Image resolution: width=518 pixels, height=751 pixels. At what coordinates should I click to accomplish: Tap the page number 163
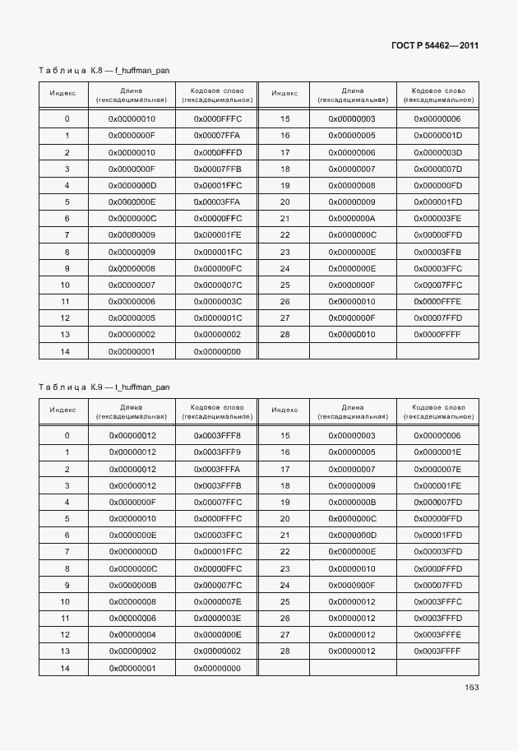click(471, 688)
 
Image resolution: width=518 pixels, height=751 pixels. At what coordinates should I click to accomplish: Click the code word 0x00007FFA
click(217, 136)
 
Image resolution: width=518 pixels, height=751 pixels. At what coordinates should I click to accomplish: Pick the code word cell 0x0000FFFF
click(437, 335)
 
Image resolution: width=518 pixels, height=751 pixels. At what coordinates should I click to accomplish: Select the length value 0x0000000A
click(351, 219)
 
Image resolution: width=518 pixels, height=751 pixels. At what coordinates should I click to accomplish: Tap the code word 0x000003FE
click(437, 219)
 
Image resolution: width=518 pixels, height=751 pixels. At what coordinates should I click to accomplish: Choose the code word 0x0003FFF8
click(217, 436)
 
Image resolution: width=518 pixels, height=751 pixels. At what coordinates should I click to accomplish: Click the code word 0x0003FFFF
click(437, 651)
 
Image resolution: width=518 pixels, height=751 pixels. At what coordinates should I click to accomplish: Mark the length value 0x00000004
click(132, 635)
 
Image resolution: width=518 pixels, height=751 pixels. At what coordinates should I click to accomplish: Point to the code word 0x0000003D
click(437, 153)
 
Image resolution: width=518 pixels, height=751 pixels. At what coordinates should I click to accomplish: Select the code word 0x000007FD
click(437, 503)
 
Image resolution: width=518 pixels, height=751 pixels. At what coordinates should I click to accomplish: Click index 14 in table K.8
click(67, 352)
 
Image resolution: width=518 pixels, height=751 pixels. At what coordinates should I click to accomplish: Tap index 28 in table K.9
click(285, 651)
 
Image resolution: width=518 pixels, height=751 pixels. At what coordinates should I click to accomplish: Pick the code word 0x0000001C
click(217, 318)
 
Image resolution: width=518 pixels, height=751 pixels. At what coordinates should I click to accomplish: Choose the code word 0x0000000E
click(217, 635)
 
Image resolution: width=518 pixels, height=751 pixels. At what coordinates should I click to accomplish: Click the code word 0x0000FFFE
click(437, 302)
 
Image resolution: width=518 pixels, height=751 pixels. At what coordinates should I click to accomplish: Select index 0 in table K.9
click(67, 436)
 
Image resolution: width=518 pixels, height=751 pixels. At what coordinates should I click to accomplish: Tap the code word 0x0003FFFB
click(217, 486)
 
